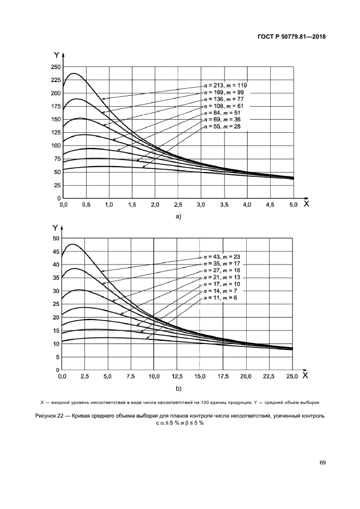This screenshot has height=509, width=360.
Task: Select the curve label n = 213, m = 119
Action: [225, 85]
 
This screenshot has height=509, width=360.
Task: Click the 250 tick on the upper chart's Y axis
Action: [54, 67]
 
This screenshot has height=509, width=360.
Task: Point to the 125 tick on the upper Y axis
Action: [54, 133]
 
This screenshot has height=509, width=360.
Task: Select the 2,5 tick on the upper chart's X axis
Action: [179, 205]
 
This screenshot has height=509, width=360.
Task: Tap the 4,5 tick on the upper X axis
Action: [270, 205]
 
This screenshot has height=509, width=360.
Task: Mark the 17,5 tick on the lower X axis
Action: [223, 377]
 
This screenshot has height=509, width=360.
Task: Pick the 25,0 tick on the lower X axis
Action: [292, 377]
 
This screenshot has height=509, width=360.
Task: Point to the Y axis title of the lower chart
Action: [56, 229]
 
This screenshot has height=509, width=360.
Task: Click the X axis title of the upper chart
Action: [306, 204]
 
